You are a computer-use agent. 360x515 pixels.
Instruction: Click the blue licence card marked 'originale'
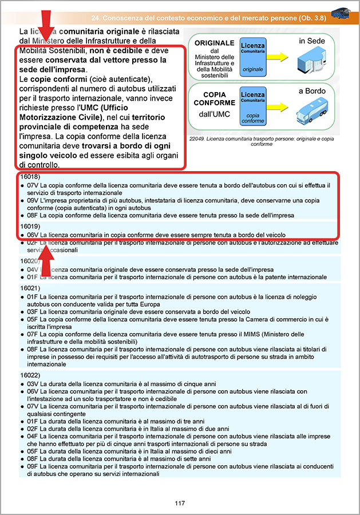tap(252, 57)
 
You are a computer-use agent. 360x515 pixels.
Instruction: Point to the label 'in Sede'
tap(312, 41)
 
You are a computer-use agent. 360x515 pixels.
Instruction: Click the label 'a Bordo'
tap(311, 90)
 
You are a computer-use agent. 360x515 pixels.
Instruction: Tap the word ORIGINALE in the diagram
tap(215, 43)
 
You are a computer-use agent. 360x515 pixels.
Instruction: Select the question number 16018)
tap(30, 177)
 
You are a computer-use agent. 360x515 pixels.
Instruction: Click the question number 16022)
tap(30, 375)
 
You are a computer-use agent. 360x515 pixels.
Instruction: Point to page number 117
tap(180, 503)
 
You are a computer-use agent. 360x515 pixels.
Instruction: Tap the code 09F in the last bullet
tap(33, 466)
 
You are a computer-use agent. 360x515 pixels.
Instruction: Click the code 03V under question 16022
tap(33, 383)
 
